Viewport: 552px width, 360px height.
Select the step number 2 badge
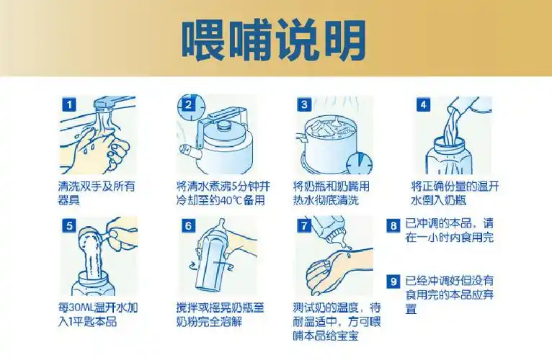click(x=187, y=105)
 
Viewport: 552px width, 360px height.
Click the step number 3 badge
click(x=304, y=105)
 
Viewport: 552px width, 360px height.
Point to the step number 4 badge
click(x=423, y=105)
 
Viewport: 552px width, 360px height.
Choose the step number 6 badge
click(x=187, y=225)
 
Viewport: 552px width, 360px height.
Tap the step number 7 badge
click(x=306, y=225)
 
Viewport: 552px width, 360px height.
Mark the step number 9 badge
click(x=393, y=281)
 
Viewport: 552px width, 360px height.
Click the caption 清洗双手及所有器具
click(x=97, y=192)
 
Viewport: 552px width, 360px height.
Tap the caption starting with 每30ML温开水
click(x=97, y=314)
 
